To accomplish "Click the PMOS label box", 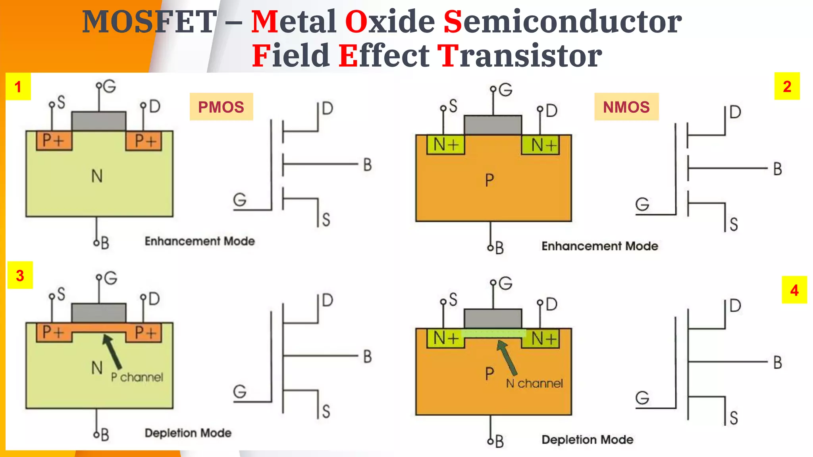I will tap(221, 107).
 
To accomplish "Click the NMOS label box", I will tap(626, 107).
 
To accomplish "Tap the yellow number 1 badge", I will tap(18, 86).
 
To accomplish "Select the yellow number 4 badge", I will tap(794, 290).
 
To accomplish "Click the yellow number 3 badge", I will tap(20, 275).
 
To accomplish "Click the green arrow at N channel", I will tap(507, 357).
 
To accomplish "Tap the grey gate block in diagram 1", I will tap(99, 121).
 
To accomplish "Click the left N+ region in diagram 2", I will tap(445, 145).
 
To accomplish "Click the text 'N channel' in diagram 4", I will tap(534, 383).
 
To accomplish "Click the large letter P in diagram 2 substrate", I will tap(489, 180).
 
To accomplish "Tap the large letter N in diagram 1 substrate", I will tap(97, 176).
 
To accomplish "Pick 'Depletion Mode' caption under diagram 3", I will tap(188, 433).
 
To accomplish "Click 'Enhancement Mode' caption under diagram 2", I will tap(599, 246).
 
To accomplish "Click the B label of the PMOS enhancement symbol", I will tap(368, 165).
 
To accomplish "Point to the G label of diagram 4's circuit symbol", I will tap(642, 398).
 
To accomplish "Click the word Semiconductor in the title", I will tap(562, 21).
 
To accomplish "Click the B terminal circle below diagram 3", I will tap(96, 435).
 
